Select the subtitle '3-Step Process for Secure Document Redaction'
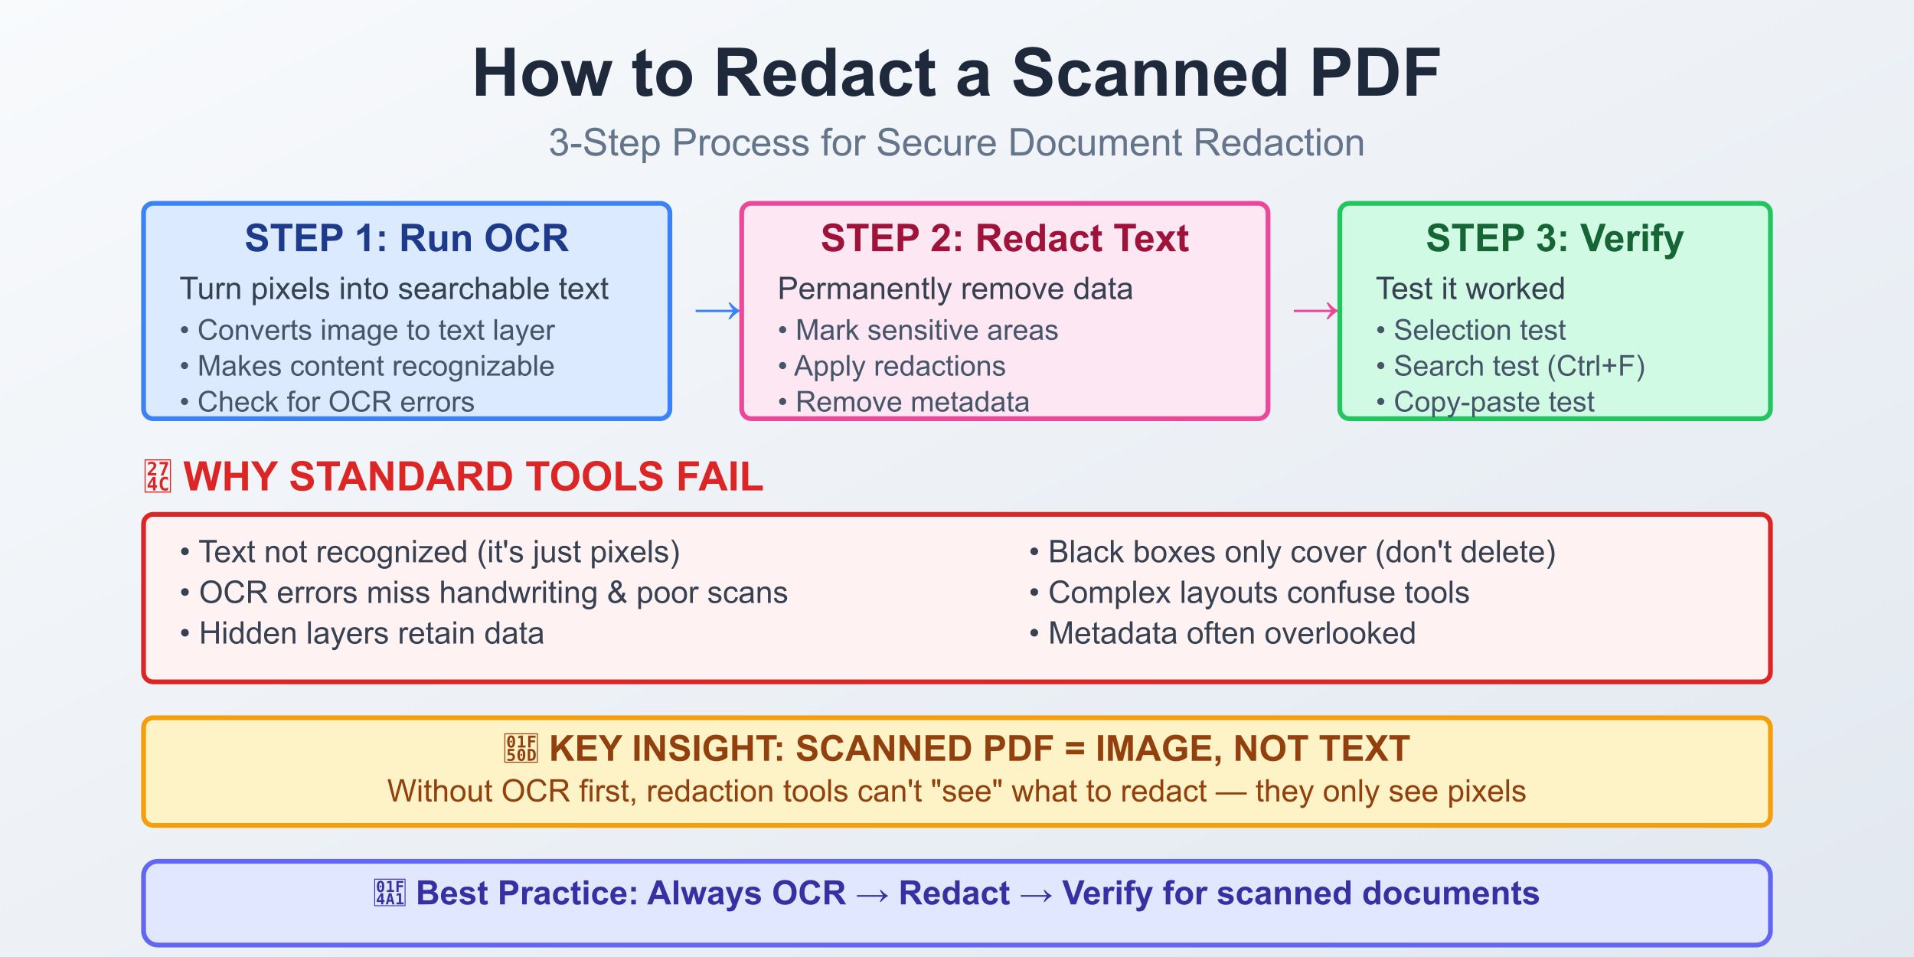[956, 143]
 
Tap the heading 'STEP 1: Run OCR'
[407, 238]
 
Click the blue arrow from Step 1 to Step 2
[717, 311]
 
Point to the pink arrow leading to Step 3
[1315, 311]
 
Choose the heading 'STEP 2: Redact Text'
[1004, 238]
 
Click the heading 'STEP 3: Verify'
[1554, 238]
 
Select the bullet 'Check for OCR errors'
[335, 402]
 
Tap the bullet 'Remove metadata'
[912, 402]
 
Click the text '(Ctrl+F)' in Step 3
[1596, 367]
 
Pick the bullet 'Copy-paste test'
[1493, 402]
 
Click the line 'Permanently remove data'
[955, 289]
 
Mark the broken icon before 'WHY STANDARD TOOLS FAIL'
[158, 476]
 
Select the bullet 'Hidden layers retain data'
[371, 634]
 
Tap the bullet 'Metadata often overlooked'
[1231, 634]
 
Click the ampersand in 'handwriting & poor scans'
[617, 593]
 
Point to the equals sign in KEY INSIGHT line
[1075, 749]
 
